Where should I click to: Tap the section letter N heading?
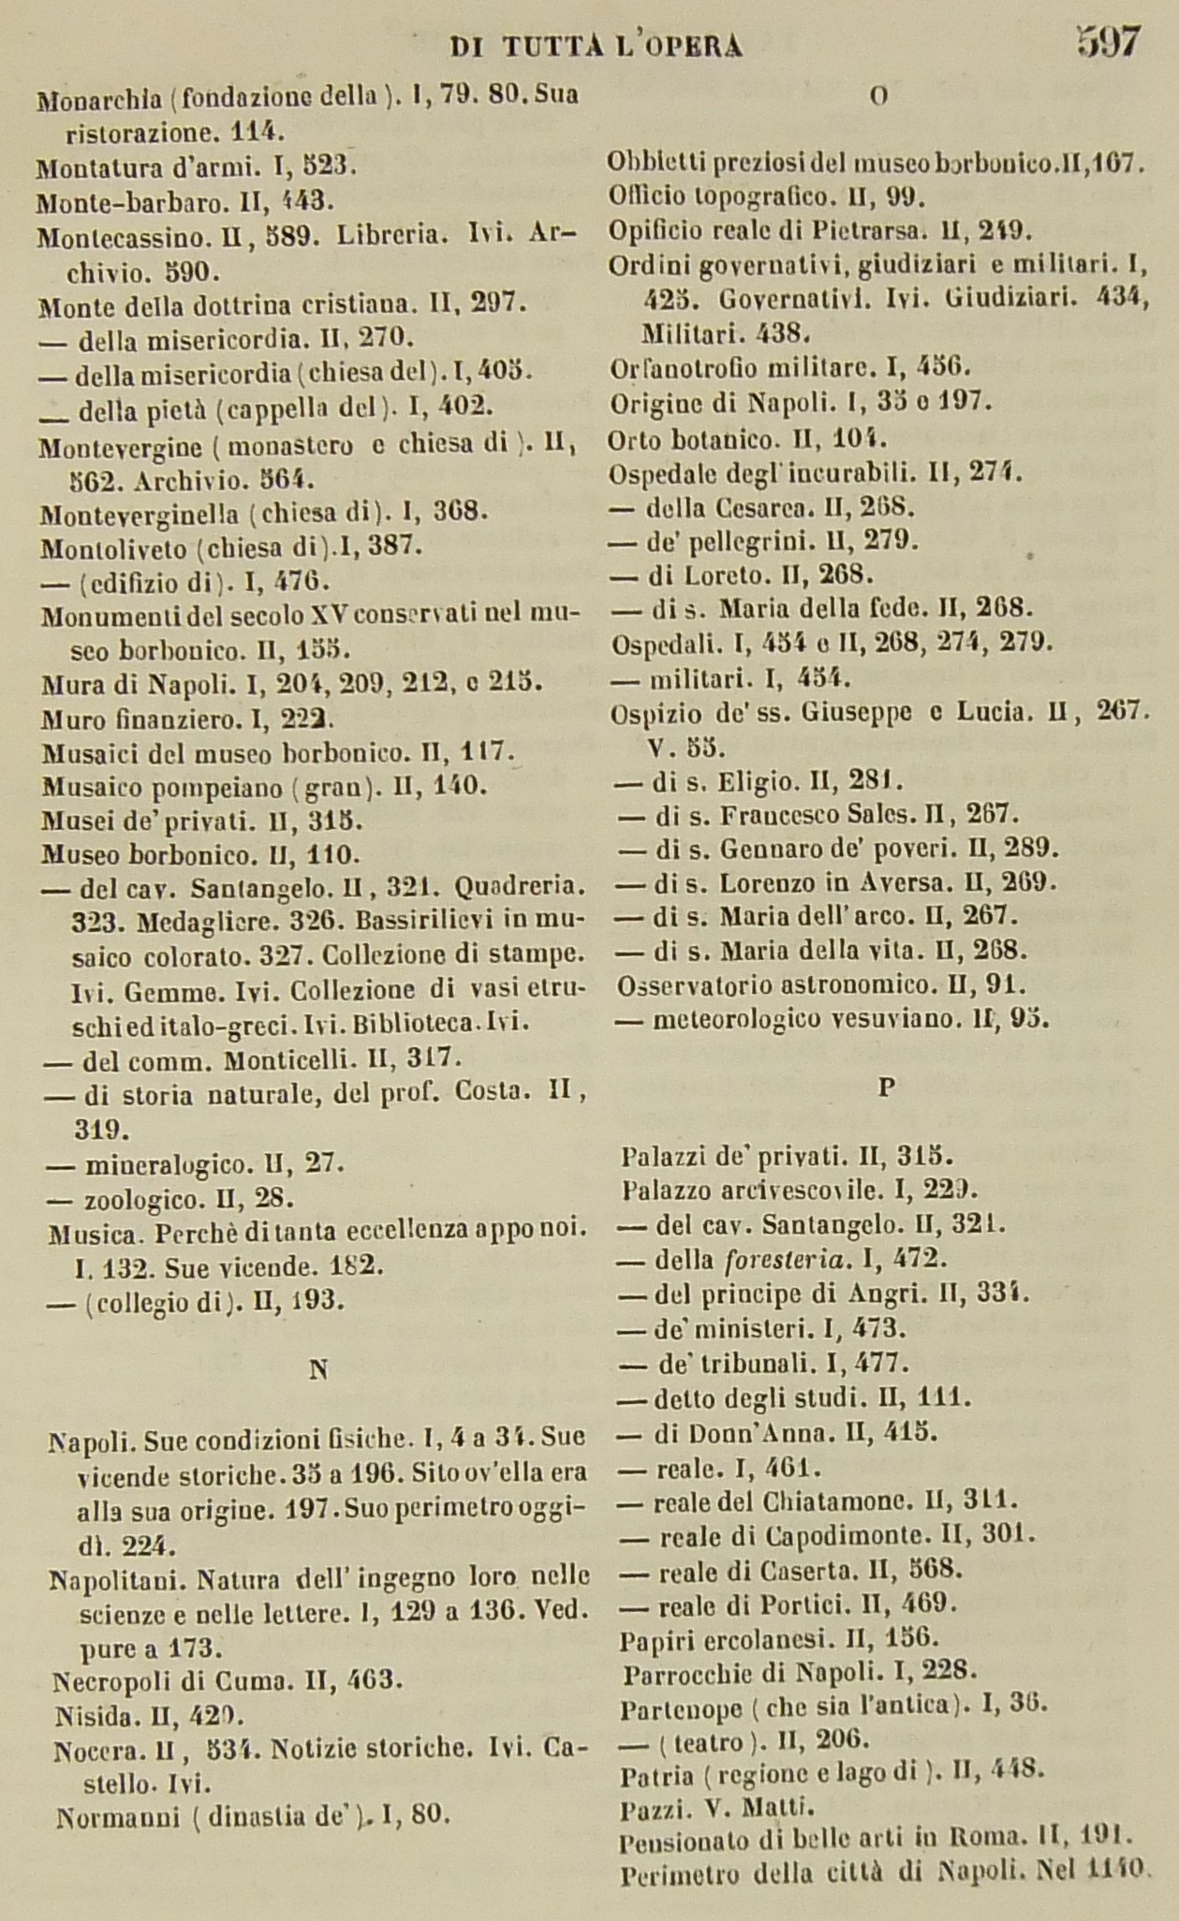point(317,1369)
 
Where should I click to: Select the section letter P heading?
point(887,1087)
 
